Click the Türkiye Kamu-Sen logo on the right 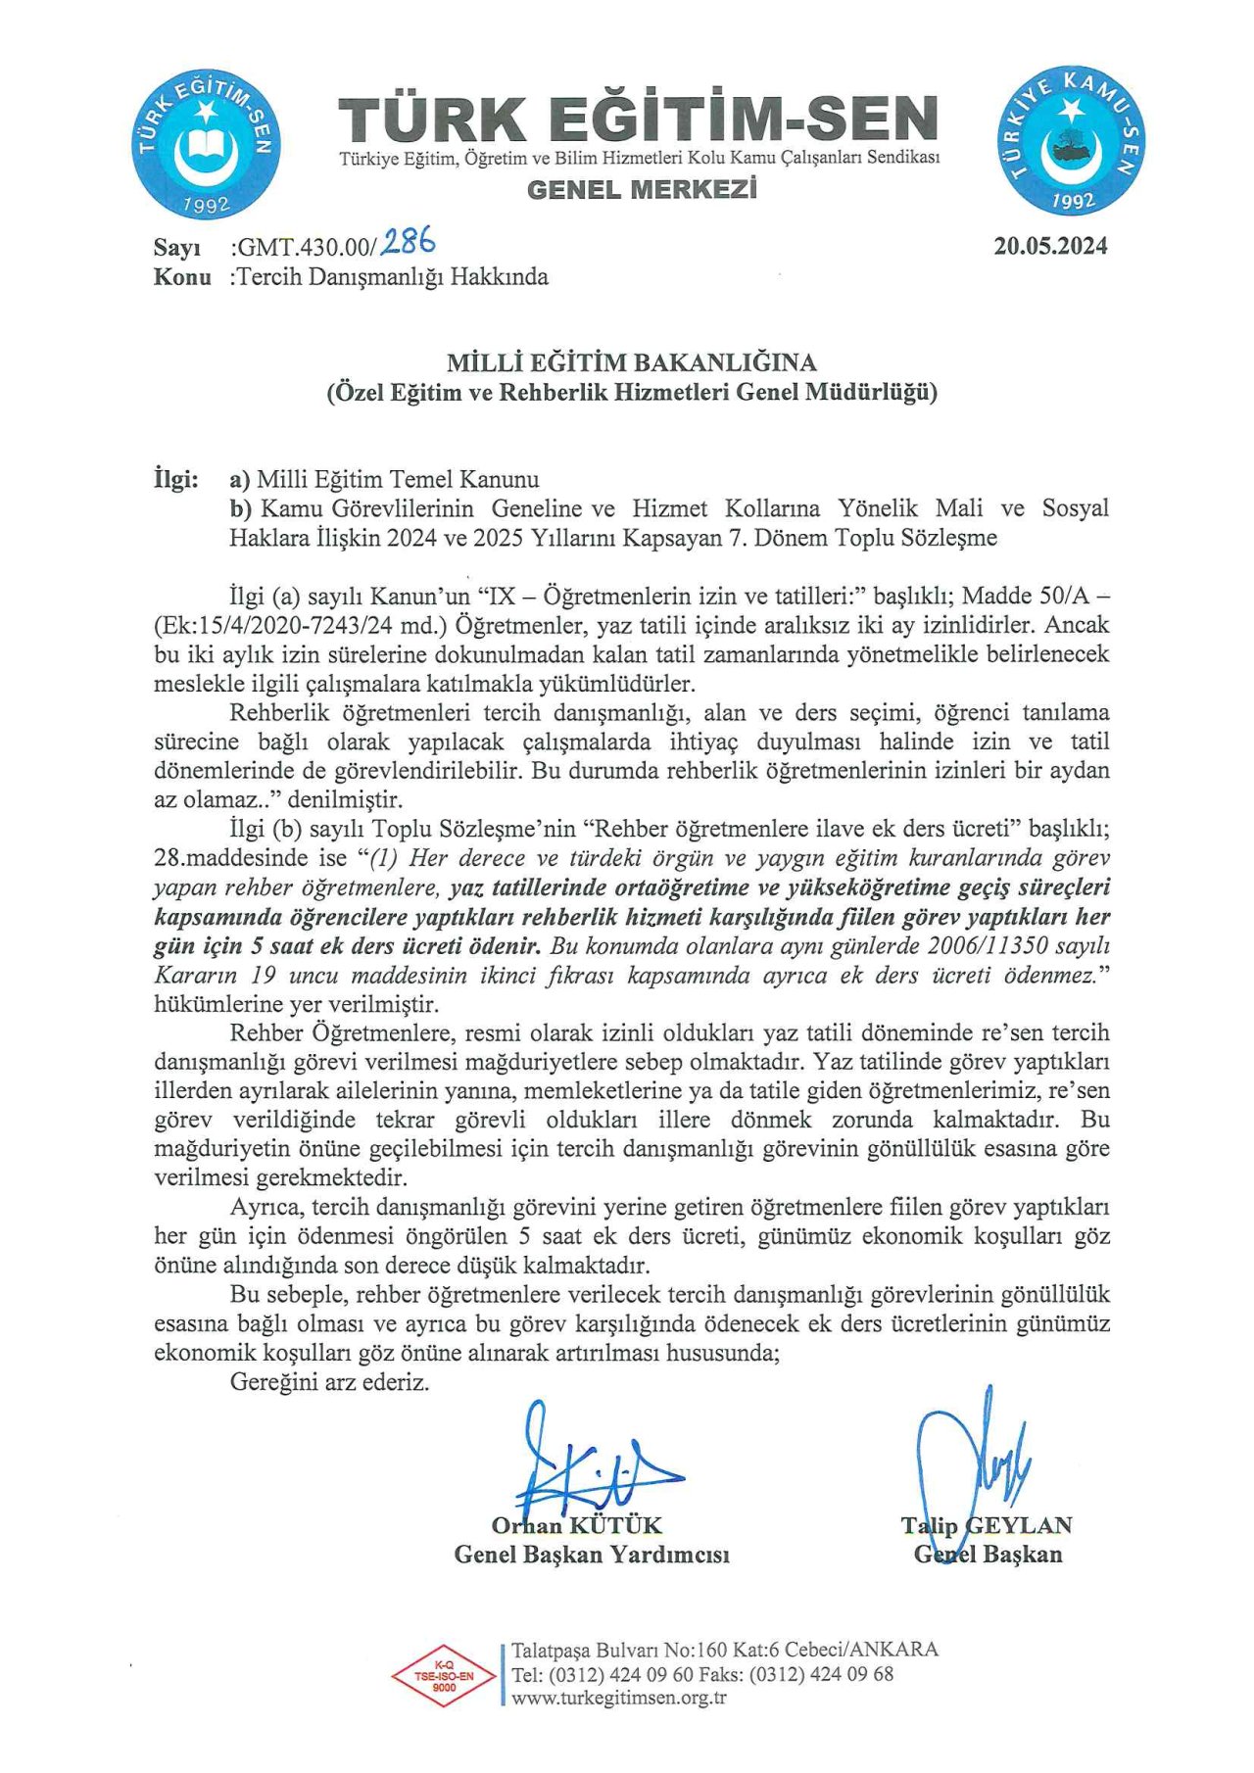click(x=1073, y=141)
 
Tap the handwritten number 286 click(x=409, y=241)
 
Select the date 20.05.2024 click(x=1050, y=247)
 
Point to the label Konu click(x=182, y=277)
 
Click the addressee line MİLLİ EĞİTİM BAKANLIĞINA click(x=632, y=363)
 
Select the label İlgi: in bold click(x=176, y=480)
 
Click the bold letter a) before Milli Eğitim click(x=240, y=480)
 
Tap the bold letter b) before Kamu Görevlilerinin click(x=241, y=508)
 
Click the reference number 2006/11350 click(x=988, y=946)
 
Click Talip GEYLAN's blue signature click(x=970, y=1460)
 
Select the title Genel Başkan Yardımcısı click(x=592, y=1555)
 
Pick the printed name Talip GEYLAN click(x=987, y=1525)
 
